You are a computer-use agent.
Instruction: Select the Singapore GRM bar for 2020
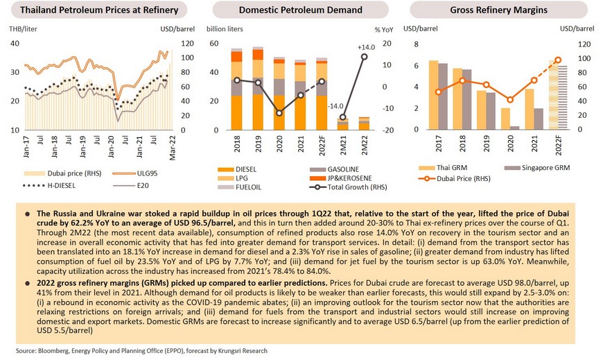[515, 128]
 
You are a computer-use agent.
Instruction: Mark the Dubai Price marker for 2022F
[558, 60]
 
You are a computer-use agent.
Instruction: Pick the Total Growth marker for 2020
[279, 113]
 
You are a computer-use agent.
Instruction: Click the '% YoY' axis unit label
[383, 29]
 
